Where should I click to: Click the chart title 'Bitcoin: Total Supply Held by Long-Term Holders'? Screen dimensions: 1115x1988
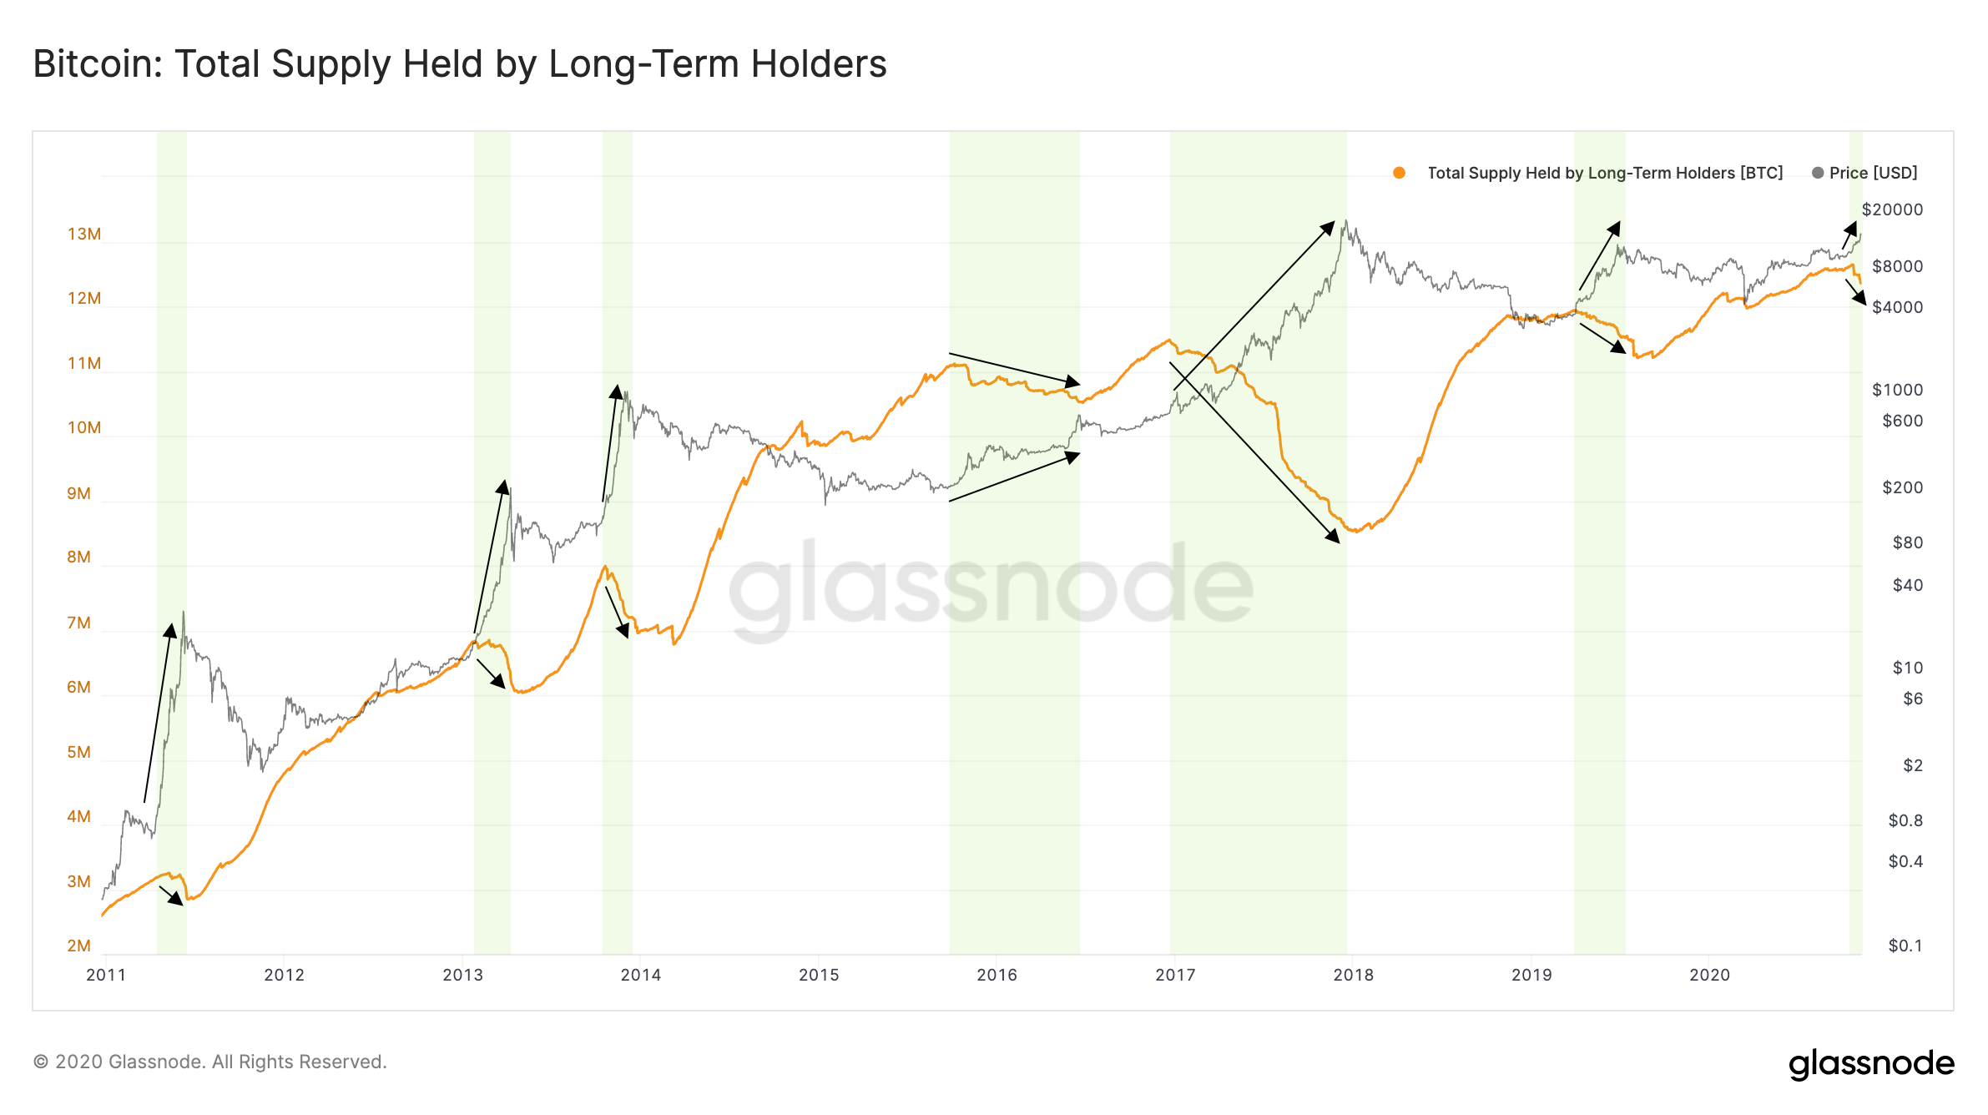pyautogui.click(x=460, y=64)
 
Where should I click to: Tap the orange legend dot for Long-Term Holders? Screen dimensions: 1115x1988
pyautogui.click(x=1399, y=173)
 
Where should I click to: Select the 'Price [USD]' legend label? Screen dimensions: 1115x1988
pyautogui.click(x=1873, y=173)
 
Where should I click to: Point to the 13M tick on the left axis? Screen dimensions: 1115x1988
pyautogui.click(x=84, y=234)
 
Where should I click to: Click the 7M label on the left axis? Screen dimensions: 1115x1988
pyautogui.click(x=78, y=623)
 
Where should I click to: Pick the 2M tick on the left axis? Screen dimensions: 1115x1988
pyautogui.click(x=78, y=946)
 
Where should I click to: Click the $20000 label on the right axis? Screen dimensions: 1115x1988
pyautogui.click(x=1892, y=209)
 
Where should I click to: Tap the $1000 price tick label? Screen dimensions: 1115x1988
pyautogui.click(x=1897, y=390)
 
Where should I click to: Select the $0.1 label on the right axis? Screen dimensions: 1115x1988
pyautogui.click(x=1905, y=946)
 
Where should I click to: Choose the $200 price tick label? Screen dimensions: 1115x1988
pyautogui.click(x=1902, y=487)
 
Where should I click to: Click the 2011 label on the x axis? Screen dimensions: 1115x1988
pyautogui.click(x=106, y=975)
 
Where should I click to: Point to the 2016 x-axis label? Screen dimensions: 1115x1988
pyautogui.click(x=997, y=975)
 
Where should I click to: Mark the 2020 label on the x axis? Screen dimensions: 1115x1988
pyautogui.click(x=1709, y=975)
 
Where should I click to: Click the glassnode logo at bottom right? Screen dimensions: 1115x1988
pyautogui.click(x=1871, y=1064)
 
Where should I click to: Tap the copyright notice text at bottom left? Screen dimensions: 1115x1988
pyautogui.click(x=210, y=1062)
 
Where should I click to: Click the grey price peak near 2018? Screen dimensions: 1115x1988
pyautogui.click(x=1345, y=221)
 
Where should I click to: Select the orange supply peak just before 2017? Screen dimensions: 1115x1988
pyautogui.click(x=1168, y=340)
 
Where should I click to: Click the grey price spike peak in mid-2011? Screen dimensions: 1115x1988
pyautogui.click(x=183, y=612)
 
